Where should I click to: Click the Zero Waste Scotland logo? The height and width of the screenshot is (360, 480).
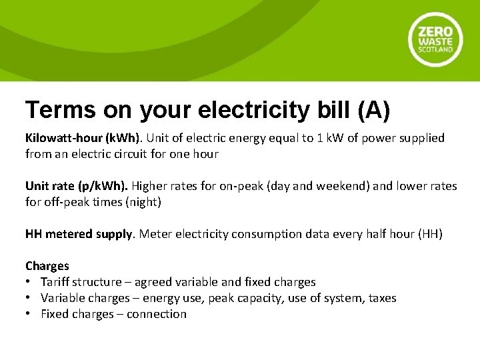435,40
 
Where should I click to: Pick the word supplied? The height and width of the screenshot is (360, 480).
420,138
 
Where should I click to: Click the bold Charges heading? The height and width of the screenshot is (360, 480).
47,266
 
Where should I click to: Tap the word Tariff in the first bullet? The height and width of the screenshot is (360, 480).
55,282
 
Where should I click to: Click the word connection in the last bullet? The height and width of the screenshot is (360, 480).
157,314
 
